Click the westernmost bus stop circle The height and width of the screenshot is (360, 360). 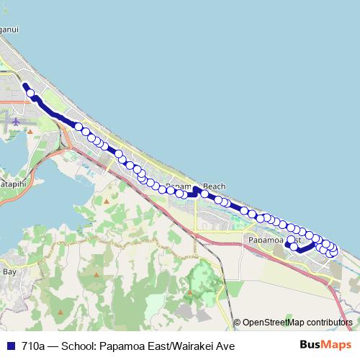30,92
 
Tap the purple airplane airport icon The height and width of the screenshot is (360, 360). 17,123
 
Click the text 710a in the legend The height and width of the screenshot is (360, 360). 33,346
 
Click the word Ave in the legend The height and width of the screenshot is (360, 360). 225,346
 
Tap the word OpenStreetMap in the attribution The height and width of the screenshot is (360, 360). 274,323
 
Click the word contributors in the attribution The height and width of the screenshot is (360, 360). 329,323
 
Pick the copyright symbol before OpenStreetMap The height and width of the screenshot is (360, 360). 237,323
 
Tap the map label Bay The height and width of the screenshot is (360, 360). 10,271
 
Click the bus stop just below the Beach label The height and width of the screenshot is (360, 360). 205,194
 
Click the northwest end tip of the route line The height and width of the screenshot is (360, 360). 25,85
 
